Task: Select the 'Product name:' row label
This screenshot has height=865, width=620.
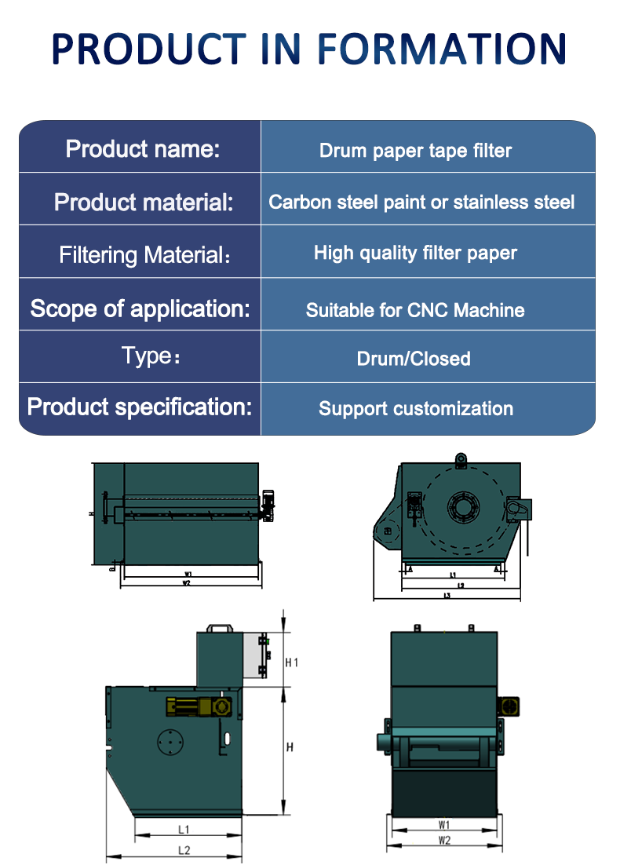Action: tap(143, 148)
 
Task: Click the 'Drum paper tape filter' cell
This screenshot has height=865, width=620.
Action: tap(415, 151)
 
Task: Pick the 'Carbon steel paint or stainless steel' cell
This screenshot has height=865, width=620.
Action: tap(421, 203)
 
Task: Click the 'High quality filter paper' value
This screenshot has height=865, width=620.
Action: tap(415, 253)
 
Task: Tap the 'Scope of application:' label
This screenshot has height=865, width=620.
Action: tap(140, 308)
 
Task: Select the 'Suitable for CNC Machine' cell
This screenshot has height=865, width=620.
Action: tap(415, 310)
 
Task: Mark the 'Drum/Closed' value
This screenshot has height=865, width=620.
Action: tap(414, 359)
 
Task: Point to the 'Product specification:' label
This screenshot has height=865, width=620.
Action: tap(140, 407)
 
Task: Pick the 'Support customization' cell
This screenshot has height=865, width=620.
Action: tap(416, 409)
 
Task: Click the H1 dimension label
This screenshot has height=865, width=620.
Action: tap(291, 662)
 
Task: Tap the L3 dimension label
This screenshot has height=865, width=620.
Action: tap(447, 596)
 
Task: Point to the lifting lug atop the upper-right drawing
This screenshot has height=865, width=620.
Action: tap(461, 458)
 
